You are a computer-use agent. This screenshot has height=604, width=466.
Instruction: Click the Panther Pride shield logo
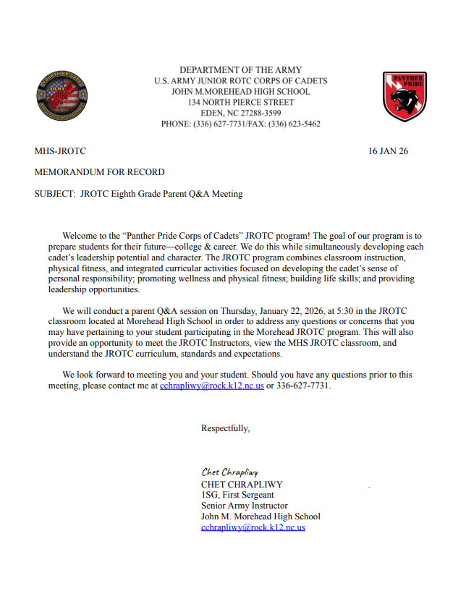point(404,96)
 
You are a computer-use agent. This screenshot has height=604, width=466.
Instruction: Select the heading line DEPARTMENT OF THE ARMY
point(240,70)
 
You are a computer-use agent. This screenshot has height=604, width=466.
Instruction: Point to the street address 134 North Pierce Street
point(240,103)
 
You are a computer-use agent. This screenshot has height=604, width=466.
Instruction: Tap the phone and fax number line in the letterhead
point(240,124)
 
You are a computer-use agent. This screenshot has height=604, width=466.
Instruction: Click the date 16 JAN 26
point(388,151)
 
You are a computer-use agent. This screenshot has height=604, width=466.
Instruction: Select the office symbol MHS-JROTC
point(60,151)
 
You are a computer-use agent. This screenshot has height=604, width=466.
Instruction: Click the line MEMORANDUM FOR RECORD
point(99,172)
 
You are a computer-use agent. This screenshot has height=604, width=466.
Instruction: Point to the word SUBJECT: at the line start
point(55,194)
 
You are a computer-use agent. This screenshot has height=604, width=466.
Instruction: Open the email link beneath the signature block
point(253,527)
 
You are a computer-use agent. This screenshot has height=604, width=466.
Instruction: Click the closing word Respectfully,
point(225,428)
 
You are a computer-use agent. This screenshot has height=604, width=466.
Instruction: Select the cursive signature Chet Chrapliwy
point(229,472)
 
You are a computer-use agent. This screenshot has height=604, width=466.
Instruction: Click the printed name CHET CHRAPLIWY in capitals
point(242,484)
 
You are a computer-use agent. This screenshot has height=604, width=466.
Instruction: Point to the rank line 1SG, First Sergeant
point(237,495)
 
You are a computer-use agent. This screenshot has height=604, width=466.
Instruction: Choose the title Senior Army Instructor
point(244,506)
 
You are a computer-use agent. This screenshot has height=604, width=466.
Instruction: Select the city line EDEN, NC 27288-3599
point(240,114)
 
